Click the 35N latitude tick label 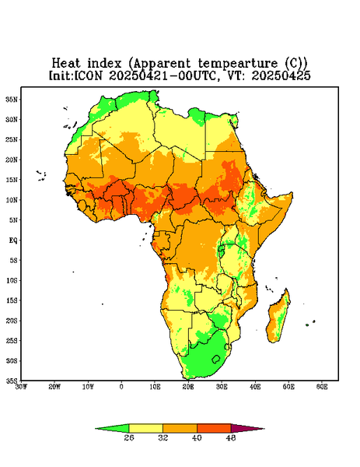pos(12,100)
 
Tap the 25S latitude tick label pos(12,340)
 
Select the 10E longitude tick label pos(155,387)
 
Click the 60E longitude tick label pos(322,387)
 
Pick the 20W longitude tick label pos(54,387)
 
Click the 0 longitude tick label pos(121,387)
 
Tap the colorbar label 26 pos(129,437)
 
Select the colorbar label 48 pos(231,437)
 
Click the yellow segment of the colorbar pos(145,428)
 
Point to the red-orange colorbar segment pos(214,428)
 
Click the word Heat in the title pos(66,63)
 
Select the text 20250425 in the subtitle pos(281,75)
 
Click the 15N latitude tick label pos(12,180)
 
